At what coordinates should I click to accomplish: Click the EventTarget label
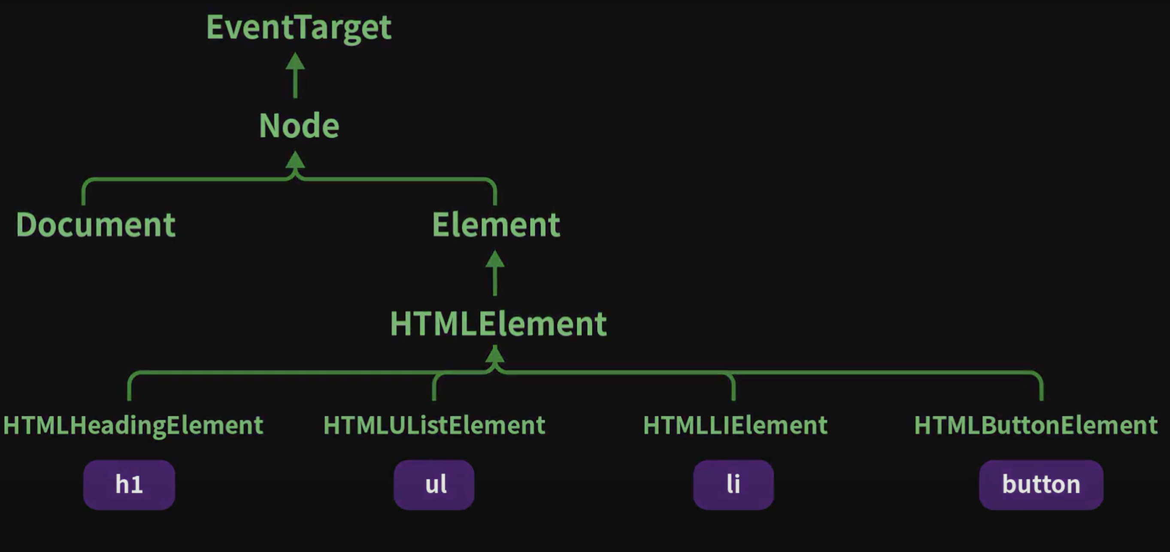298,27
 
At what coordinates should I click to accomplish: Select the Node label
299,126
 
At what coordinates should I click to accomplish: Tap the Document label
96,224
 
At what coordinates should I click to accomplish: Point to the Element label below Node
496,224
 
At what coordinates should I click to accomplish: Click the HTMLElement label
498,324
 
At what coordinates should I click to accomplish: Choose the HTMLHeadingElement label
133,425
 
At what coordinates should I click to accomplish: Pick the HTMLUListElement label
434,425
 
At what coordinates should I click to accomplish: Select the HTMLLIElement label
735,425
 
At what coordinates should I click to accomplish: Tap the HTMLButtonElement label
1036,425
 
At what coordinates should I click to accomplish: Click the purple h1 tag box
129,484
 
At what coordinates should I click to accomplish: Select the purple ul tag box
434,484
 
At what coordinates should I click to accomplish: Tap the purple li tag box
733,484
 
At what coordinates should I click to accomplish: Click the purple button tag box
1041,484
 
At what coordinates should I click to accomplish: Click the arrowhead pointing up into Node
295,160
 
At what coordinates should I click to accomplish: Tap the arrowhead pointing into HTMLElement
495,355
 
